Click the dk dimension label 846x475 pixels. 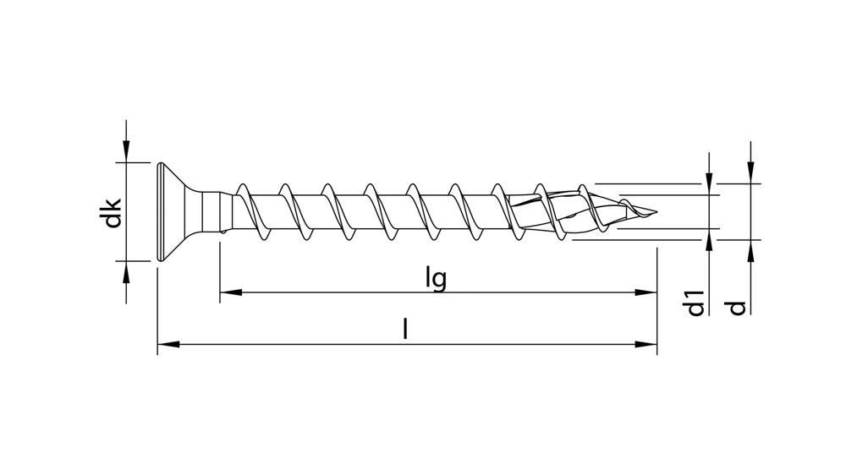(110, 213)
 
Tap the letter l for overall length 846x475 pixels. (405, 330)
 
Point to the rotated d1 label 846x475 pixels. (695, 303)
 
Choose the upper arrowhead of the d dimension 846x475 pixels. (750, 173)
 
